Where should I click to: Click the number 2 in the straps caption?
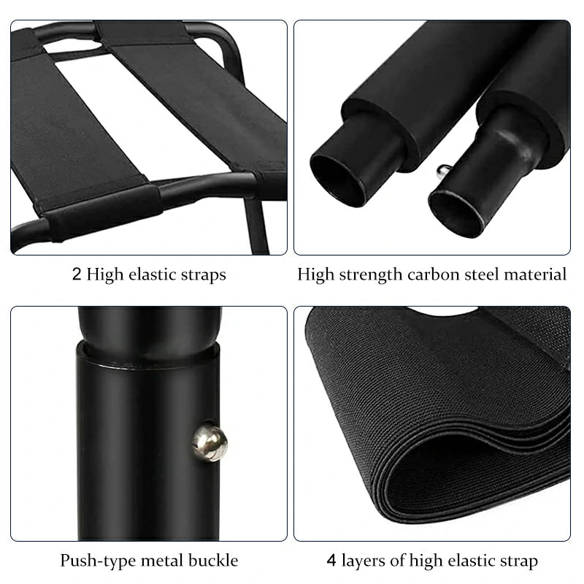(77, 274)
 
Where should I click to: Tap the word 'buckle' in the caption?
(215, 561)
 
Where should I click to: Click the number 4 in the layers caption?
(331, 561)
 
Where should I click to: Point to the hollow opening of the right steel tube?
(455, 212)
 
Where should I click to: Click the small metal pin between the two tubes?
(443, 172)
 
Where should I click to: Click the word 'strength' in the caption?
(364, 275)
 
